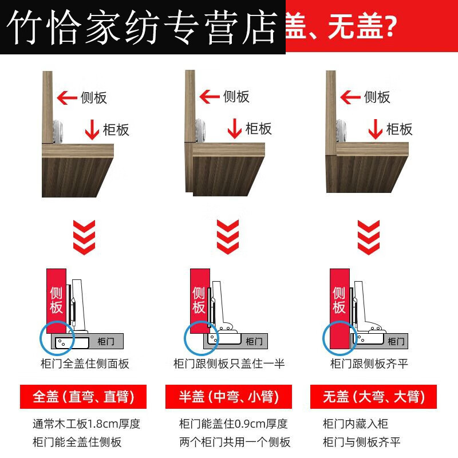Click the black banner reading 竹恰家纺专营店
click(143, 27)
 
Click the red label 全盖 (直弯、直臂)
click(84, 397)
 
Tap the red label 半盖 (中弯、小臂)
click(228, 397)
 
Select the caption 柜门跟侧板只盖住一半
click(228, 364)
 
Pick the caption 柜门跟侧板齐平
click(369, 364)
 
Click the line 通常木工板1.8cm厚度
click(86, 424)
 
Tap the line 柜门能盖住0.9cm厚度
click(233, 424)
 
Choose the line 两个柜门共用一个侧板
click(235, 441)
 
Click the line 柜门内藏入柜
click(356, 424)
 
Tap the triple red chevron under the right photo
click(368, 237)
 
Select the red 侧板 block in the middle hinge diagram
click(199, 301)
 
